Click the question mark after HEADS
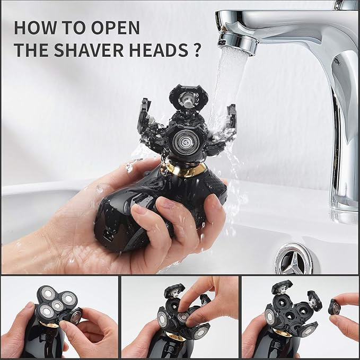pyautogui.click(x=197, y=50)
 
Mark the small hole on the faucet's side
pyautogui.click(x=336, y=60)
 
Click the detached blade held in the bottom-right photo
pyautogui.click(x=334, y=306)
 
